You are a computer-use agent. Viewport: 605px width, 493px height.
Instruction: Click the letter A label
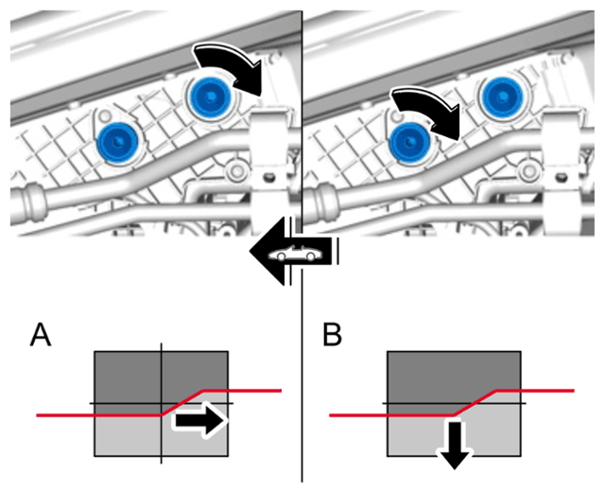(x=41, y=335)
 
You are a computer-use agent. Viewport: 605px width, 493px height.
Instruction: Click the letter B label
(x=332, y=335)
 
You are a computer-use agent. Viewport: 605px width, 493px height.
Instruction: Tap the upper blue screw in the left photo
(x=210, y=96)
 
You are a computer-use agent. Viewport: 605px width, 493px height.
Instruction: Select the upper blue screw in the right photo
(x=502, y=96)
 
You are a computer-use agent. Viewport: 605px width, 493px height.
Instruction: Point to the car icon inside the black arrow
(x=295, y=253)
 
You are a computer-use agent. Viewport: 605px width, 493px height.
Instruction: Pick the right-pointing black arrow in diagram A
(x=199, y=420)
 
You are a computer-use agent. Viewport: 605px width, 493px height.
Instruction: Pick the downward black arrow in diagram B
(x=455, y=445)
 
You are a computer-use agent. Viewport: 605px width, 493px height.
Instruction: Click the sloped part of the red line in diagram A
(x=182, y=403)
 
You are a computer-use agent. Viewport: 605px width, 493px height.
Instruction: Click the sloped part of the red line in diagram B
(x=475, y=403)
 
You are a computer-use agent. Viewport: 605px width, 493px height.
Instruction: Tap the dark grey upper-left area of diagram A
(x=129, y=378)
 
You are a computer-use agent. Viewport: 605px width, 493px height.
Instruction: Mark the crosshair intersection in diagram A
(x=162, y=404)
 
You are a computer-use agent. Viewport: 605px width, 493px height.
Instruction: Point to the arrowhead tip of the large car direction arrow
(x=250, y=252)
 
